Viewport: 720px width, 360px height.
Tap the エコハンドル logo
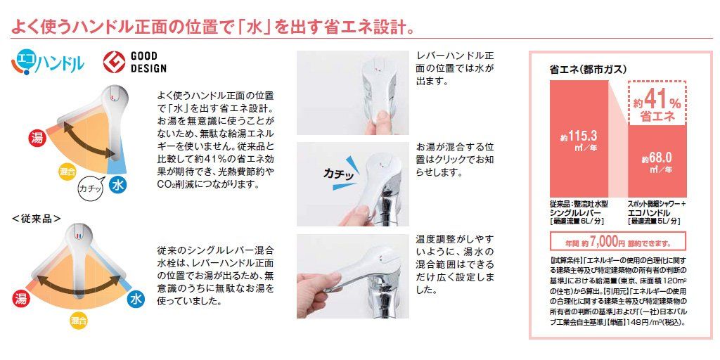click(x=48, y=64)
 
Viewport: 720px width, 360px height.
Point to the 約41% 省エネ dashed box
click(x=657, y=104)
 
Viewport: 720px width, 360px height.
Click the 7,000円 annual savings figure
click(x=604, y=243)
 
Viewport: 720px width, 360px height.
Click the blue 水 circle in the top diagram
click(x=120, y=186)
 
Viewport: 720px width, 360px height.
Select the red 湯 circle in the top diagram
click(x=37, y=138)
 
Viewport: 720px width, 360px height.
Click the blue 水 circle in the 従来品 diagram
click(x=136, y=300)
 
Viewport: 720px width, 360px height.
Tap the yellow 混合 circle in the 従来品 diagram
click(x=78, y=321)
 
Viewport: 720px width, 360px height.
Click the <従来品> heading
click(x=37, y=218)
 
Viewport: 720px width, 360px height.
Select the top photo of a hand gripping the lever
click(x=352, y=91)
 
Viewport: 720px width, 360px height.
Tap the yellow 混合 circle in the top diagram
click(x=67, y=170)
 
